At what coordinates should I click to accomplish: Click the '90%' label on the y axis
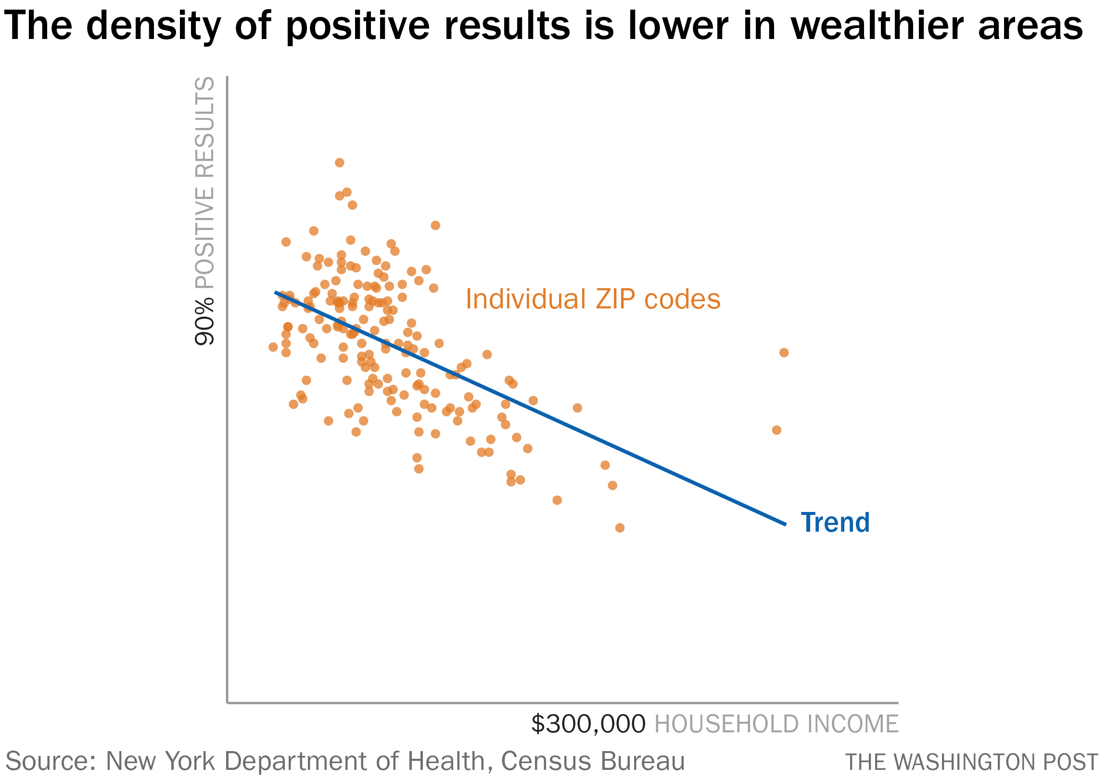tap(204, 321)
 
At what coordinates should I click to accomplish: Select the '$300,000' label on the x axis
tap(588, 724)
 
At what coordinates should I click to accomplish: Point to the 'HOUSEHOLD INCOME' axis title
tap(776, 724)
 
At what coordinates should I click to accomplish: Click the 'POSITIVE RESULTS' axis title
tap(204, 183)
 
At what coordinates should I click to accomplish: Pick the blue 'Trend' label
tap(835, 523)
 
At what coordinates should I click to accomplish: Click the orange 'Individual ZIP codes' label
tap(593, 299)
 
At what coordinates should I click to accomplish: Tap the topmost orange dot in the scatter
tap(340, 163)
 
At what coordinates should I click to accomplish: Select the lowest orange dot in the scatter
tap(620, 528)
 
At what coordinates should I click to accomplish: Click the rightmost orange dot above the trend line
tap(784, 353)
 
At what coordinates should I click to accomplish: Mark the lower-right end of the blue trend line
tap(786, 524)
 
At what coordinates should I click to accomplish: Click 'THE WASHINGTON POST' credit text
tap(971, 762)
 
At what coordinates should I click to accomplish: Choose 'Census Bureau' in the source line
tap(593, 761)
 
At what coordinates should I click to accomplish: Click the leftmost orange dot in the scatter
tap(273, 347)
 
